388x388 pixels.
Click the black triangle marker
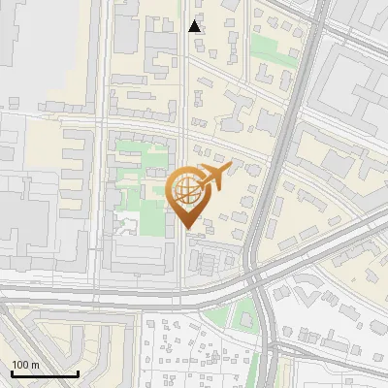[195, 26]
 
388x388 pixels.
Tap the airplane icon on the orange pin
[211, 177]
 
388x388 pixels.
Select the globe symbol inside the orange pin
[186, 190]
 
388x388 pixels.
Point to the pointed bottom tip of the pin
[187, 228]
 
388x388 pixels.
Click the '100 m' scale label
[25, 364]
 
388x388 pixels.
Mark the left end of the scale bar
[12, 373]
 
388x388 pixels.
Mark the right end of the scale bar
[78, 373]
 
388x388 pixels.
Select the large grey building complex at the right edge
[354, 87]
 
